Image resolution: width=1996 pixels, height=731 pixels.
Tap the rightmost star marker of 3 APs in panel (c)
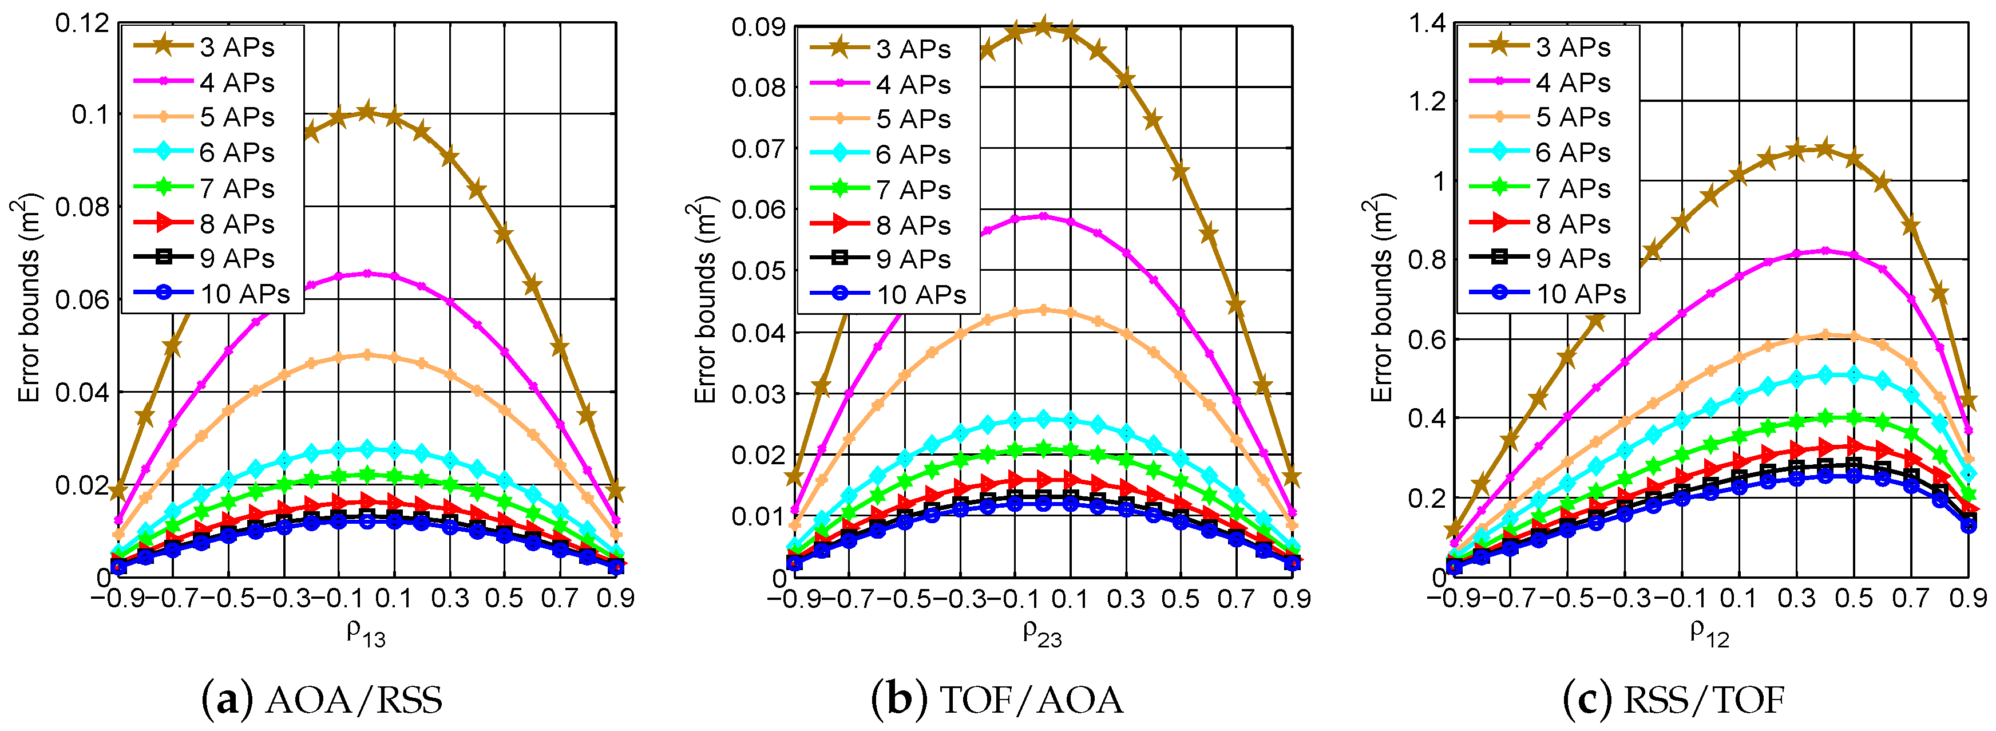[1968, 400]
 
